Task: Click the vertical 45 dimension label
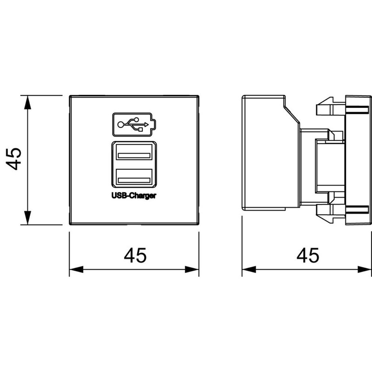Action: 13,159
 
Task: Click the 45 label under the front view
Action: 135,255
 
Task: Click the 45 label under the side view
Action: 308,255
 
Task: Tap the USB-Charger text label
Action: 134,196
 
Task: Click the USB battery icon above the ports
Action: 134,125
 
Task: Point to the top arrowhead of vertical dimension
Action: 28,102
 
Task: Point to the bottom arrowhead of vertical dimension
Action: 28,218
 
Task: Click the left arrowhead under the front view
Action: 76,270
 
